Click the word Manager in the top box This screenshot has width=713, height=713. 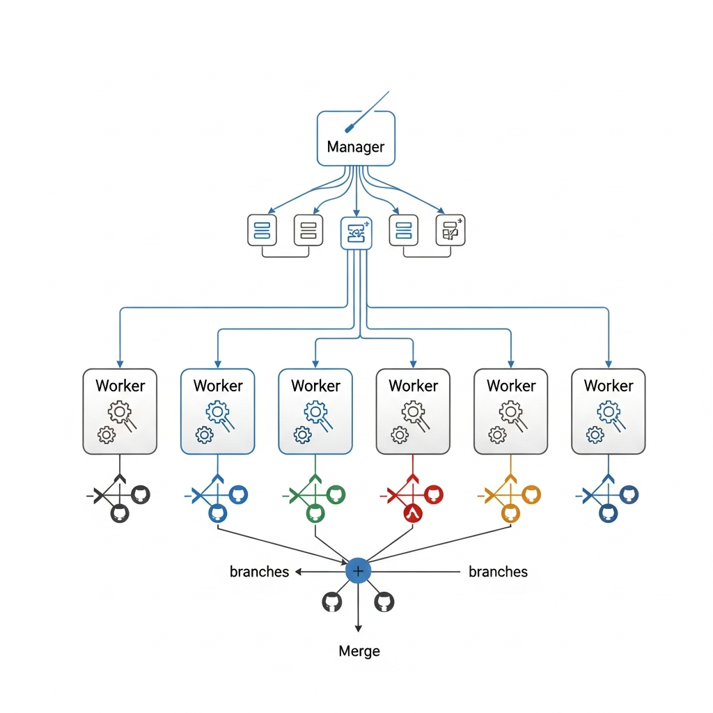pyautogui.click(x=355, y=147)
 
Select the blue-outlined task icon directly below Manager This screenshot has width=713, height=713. pyautogui.click(x=356, y=232)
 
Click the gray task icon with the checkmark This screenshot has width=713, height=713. pyautogui.click(x=450, y=230)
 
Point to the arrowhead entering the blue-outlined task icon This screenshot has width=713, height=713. pyautogui.click(x=356, y=212)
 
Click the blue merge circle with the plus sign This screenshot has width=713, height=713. pyautogui.click(x=358, y=571)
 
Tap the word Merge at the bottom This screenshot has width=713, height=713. pyautogui.click(x=359, y=651)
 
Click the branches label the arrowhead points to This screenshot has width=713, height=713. pyautogui.click(x=259, y=572)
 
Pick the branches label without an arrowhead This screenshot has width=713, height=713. pyautogui.click(x=498, y=572)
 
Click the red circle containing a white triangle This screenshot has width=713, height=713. pyautogui.click(x=414, y=514)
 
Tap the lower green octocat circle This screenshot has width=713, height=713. pyautogui.click(x=315, y=514)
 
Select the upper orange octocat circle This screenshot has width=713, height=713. pyautogui.click(x=531, y=494)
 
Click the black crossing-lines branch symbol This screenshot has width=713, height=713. pyautogui.click(x=104, y=496)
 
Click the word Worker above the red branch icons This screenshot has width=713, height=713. pyautogui.click(x=414, y=386)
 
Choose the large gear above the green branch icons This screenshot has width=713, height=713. pyautogui.click(x=316, y=412)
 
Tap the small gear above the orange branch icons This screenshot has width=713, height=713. pyautogui.click(x=497, y=435)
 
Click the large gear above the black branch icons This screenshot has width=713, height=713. pyautogui.click(x=120, y=412)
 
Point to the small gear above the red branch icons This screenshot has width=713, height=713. pyautogui.click(x=399, y=435)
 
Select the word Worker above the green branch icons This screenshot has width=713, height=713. pyautogui.click(x=315, y=386)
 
